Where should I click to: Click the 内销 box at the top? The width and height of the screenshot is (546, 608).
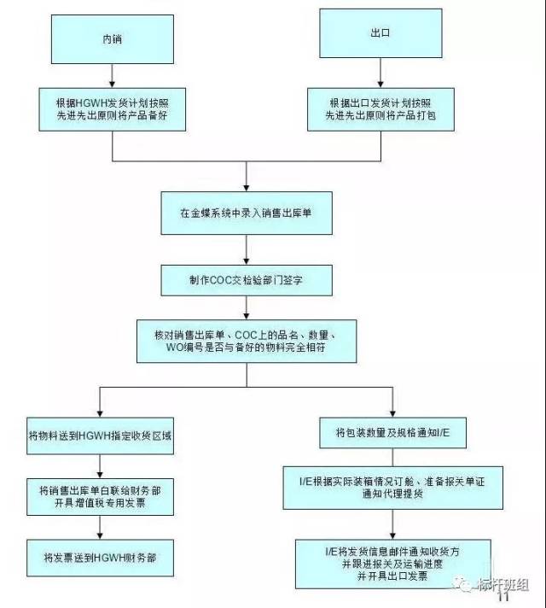click(113, 40)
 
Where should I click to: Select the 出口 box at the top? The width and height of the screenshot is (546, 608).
click(380, 35)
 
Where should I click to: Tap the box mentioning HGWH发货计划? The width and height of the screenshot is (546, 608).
click(113, 110)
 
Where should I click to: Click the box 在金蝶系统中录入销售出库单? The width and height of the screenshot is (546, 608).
click(246, 212)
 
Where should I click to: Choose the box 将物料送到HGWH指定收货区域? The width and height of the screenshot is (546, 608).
click(102, 435)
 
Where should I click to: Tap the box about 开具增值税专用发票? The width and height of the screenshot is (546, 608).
click(102, 495)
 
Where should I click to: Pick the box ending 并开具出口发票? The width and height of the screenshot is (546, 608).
click(392, 563)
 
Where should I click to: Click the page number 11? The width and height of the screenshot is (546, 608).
click(503, 597)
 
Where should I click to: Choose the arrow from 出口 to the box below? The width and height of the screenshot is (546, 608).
click(380, 73)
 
